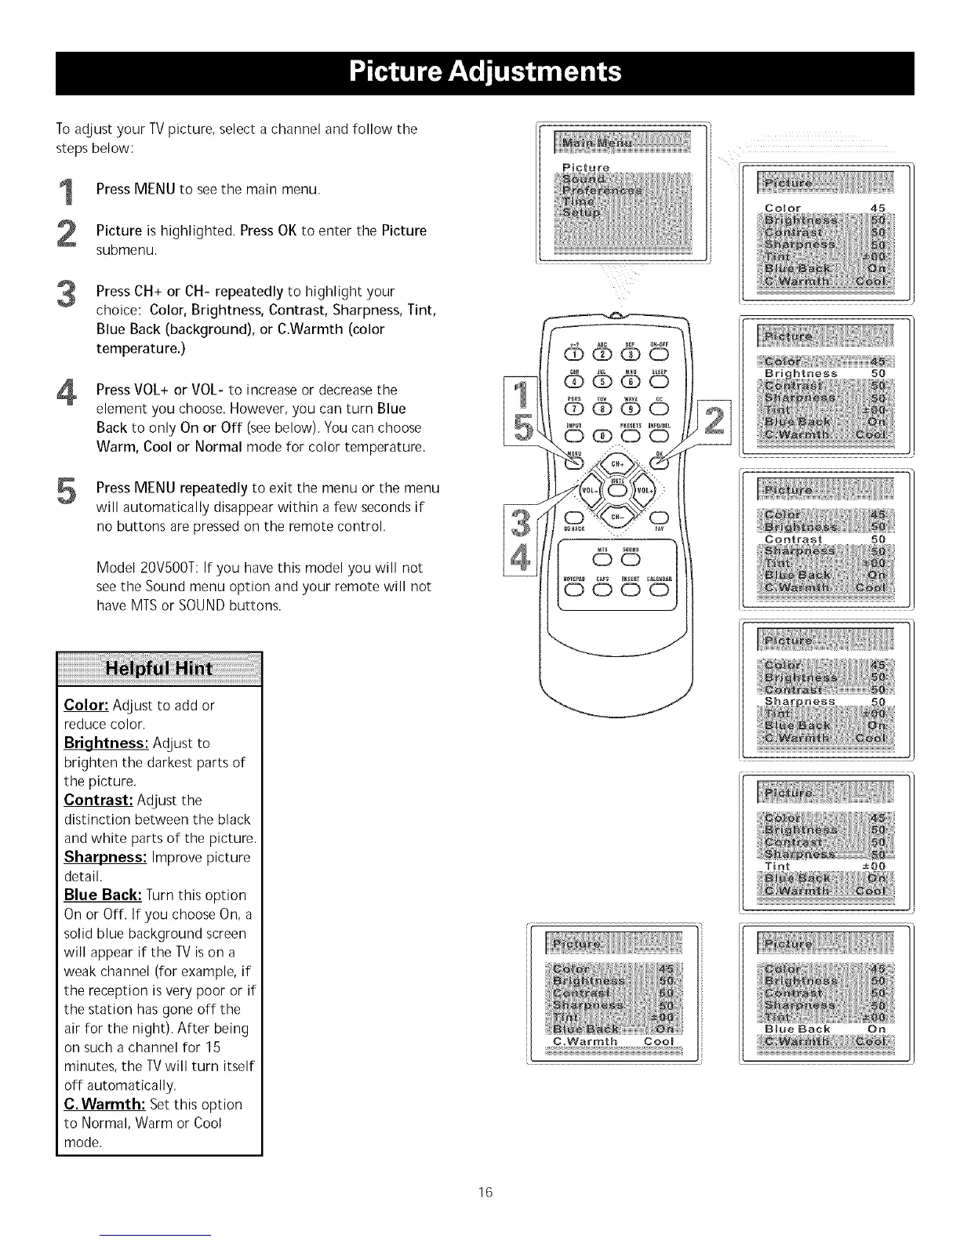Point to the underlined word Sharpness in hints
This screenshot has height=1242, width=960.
click(105, 856)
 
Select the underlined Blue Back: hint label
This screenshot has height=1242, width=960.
click(102, 895)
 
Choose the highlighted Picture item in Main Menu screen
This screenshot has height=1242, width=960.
click(586, 168)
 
